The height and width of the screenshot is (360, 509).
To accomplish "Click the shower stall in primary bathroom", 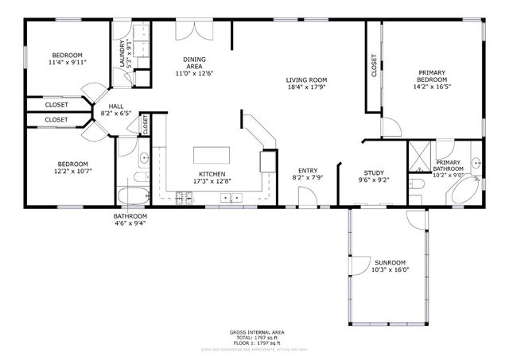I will click(x=419, y=156).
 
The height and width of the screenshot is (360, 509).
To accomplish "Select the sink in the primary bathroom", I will click(x=476, y=163).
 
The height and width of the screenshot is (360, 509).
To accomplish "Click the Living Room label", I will click(x=306, y=80).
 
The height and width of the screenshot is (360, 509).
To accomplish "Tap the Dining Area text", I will click(x=194, y=63).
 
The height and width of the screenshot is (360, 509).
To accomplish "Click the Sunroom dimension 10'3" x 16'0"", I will click(x=390, y=269).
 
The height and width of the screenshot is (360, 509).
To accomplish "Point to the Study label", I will click(x=374, y=172).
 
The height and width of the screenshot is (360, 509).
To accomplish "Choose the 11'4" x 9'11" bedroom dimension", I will click(x=67, y=62).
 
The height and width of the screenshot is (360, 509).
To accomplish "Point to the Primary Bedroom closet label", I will click(x=374, y=65).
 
